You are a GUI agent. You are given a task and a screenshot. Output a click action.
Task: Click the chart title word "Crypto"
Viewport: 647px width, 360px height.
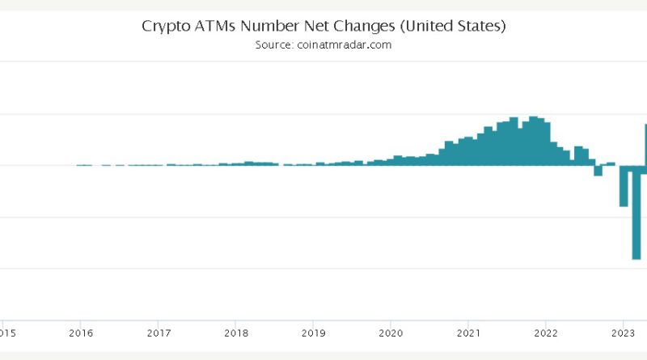[x=165, y=26]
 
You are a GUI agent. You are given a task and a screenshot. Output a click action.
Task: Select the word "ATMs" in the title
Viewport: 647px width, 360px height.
[x=212, y=26]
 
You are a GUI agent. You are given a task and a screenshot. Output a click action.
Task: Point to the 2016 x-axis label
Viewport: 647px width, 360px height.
[x=79, y=332]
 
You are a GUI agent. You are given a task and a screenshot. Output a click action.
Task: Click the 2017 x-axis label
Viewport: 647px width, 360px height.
[x=158, y=332]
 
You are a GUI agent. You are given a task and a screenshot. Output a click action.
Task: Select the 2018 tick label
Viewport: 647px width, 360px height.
[x=235, y=332]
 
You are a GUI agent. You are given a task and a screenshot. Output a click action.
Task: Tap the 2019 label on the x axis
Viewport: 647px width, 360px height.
[x=313, y=332]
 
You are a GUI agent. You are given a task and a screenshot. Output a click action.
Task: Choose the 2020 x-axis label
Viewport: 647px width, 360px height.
[x=391, y=332]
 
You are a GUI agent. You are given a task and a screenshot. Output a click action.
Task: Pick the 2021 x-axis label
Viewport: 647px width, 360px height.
[x=469, y=332]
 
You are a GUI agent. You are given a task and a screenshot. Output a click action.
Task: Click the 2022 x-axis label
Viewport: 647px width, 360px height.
[x=546, y=332]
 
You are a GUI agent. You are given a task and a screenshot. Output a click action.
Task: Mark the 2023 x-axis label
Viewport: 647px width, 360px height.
[x=624, y=332]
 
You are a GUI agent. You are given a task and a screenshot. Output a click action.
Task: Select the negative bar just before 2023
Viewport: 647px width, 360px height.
[x=624, y=185]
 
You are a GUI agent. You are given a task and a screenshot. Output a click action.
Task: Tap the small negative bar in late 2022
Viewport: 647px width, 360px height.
[x=598, y=170]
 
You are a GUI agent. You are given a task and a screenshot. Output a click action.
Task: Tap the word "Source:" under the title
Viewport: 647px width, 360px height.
[x=273, y=45]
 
